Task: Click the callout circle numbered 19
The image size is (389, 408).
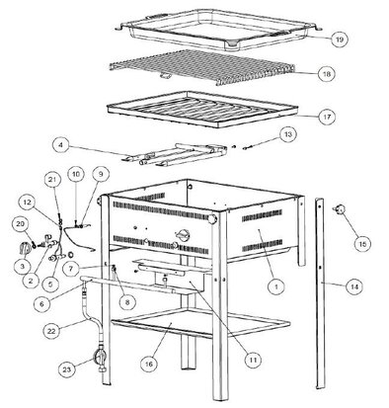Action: [340, 40]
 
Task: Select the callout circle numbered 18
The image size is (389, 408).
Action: [326, 74]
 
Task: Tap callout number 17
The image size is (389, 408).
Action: [327, 117]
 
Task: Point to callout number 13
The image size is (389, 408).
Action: [288, 135]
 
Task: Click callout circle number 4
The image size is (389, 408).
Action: [61, 145]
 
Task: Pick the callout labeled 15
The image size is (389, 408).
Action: [362, 244]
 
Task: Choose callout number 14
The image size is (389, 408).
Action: [354, 286]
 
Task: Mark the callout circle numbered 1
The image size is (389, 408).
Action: [276, 286]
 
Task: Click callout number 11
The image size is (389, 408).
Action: [253, 360]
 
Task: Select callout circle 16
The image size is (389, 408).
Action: [149, 364]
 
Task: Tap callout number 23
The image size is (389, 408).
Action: [67, 369]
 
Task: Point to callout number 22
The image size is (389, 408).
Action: [52, 331]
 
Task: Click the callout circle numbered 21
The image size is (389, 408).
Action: [52, 180]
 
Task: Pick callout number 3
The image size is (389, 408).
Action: [22, 267]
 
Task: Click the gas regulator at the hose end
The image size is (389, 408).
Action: [102, 361]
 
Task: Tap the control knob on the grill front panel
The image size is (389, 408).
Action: [183, 234]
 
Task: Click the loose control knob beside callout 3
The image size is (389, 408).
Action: [25, 248]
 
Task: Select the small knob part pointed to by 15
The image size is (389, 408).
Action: [340, 208]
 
